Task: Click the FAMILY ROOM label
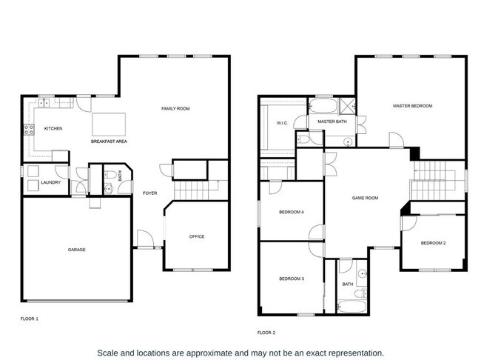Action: pyautogui.click(x=175, y=108)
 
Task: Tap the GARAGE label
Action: pyautogui.click(x=77, y=250)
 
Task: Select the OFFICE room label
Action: pyautogui.click(x=197, y=236)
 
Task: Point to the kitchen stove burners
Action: pyautogui.click(x=29, y=130)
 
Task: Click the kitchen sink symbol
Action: pyautogui.click(x=44, y=103)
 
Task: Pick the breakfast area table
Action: pyautogui.click(x=109, y=124)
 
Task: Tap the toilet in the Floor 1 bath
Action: pyautogui.click(x=110, y=175)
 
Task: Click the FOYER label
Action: pyautogui.click(x=150, y=193)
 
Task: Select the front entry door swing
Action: pyautogui.click(x=145, y=238)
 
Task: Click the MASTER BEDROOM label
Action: pyautogui.click(x=413, y=106)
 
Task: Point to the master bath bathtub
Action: pyautogui.click(x=323, y=106)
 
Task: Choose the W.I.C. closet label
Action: pyautogui.click(x=282, y=123)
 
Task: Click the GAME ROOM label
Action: pyautogui.click(x=365, y=198)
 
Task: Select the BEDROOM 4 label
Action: pyautogui.click(x=292, y=213)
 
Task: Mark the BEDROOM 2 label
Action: pyautogui.click(x=433, y=243)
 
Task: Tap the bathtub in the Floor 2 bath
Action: pyautogui.click(x=351, y=306)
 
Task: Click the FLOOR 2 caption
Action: pyautogui.click(x=266, y=333)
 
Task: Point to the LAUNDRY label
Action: pyautogui.click(x=51, y=182)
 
